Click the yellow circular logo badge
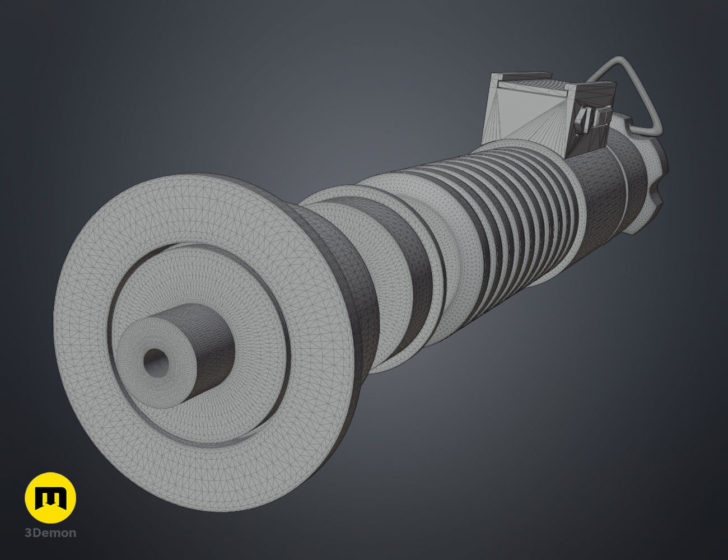click(x=50, y=498)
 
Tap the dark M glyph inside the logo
click(x=50, y=498)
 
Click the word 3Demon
click(x=50, y=533)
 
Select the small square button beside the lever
click(x=603, y=117)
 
